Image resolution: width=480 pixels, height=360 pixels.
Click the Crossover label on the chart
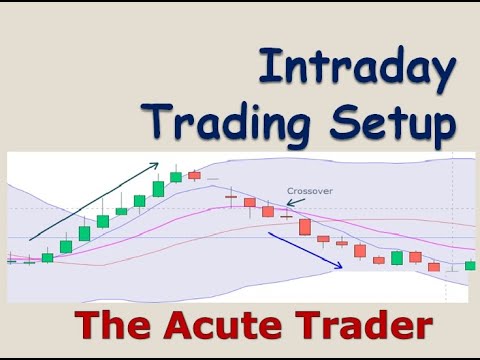point(309,190)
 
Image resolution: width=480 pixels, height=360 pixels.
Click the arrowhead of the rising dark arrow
point(156,163)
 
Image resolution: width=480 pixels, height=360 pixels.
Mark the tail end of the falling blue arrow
point(270,234)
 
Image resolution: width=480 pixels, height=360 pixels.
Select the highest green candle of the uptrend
point(176,177)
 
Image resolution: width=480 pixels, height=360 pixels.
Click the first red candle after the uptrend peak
point(194,175)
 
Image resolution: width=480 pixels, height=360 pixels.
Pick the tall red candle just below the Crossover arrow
point(304,227)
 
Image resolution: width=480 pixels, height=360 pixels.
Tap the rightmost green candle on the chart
point(471,265)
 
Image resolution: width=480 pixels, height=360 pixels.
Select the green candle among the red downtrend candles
point(397,258)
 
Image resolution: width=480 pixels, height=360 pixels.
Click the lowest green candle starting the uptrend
point(47,257)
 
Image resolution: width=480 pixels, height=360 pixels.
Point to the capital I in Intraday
point(266,67)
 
